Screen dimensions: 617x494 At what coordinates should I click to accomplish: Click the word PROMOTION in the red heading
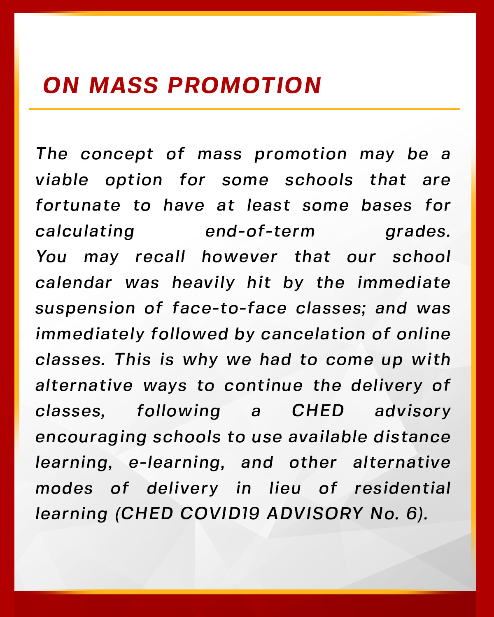tap(244, 86)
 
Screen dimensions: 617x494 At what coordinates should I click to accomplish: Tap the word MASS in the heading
tap(123, 86)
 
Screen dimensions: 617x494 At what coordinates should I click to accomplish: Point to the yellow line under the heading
tap(245, 109)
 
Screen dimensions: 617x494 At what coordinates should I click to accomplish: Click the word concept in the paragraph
tap(117, 154)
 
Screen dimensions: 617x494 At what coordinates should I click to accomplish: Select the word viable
tap(62, 180)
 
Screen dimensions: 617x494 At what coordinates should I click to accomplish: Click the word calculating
tap(85, 232)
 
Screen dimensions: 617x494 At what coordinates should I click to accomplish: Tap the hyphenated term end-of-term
tap(260, 231)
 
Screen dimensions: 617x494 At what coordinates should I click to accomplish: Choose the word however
tap(240, 257)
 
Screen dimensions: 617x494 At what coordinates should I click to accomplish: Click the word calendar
tap(74, 283)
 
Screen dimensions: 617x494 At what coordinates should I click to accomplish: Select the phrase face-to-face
tap(229, 308)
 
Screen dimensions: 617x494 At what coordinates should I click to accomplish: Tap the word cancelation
tap(313, 334)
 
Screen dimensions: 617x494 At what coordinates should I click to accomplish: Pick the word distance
tap(412, 437)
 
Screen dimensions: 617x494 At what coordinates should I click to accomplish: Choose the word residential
tap(403, 489)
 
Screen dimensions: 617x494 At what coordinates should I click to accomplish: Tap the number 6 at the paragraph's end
tap(412, 514)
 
